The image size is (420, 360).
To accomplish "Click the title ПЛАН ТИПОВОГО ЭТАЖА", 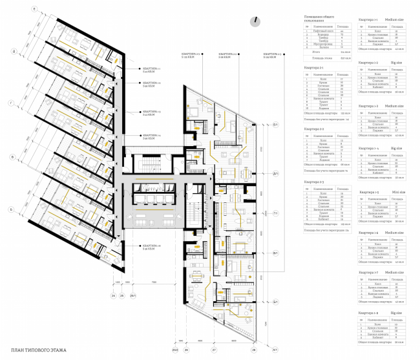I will [x=39, y=351].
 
